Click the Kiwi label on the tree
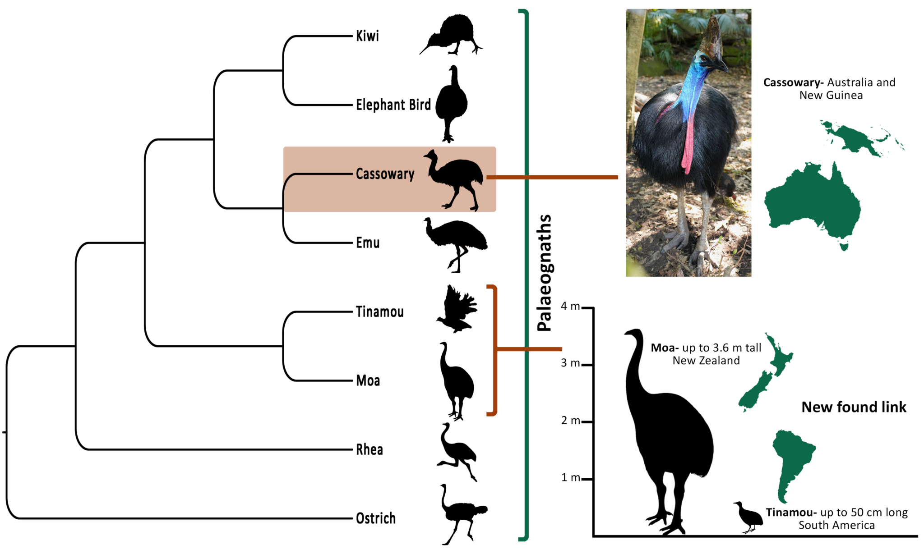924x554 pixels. (x=367, y=36)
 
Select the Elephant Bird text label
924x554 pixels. (x=393, y=105)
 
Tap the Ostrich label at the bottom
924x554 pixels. (x=375, y=518)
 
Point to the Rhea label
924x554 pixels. (x=369, y=449)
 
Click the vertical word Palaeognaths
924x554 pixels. (x=545, y=273)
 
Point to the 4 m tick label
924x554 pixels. (x=570, y=307)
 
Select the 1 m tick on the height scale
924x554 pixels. (x=570, y=478)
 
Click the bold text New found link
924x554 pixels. (x=854, y=407)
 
